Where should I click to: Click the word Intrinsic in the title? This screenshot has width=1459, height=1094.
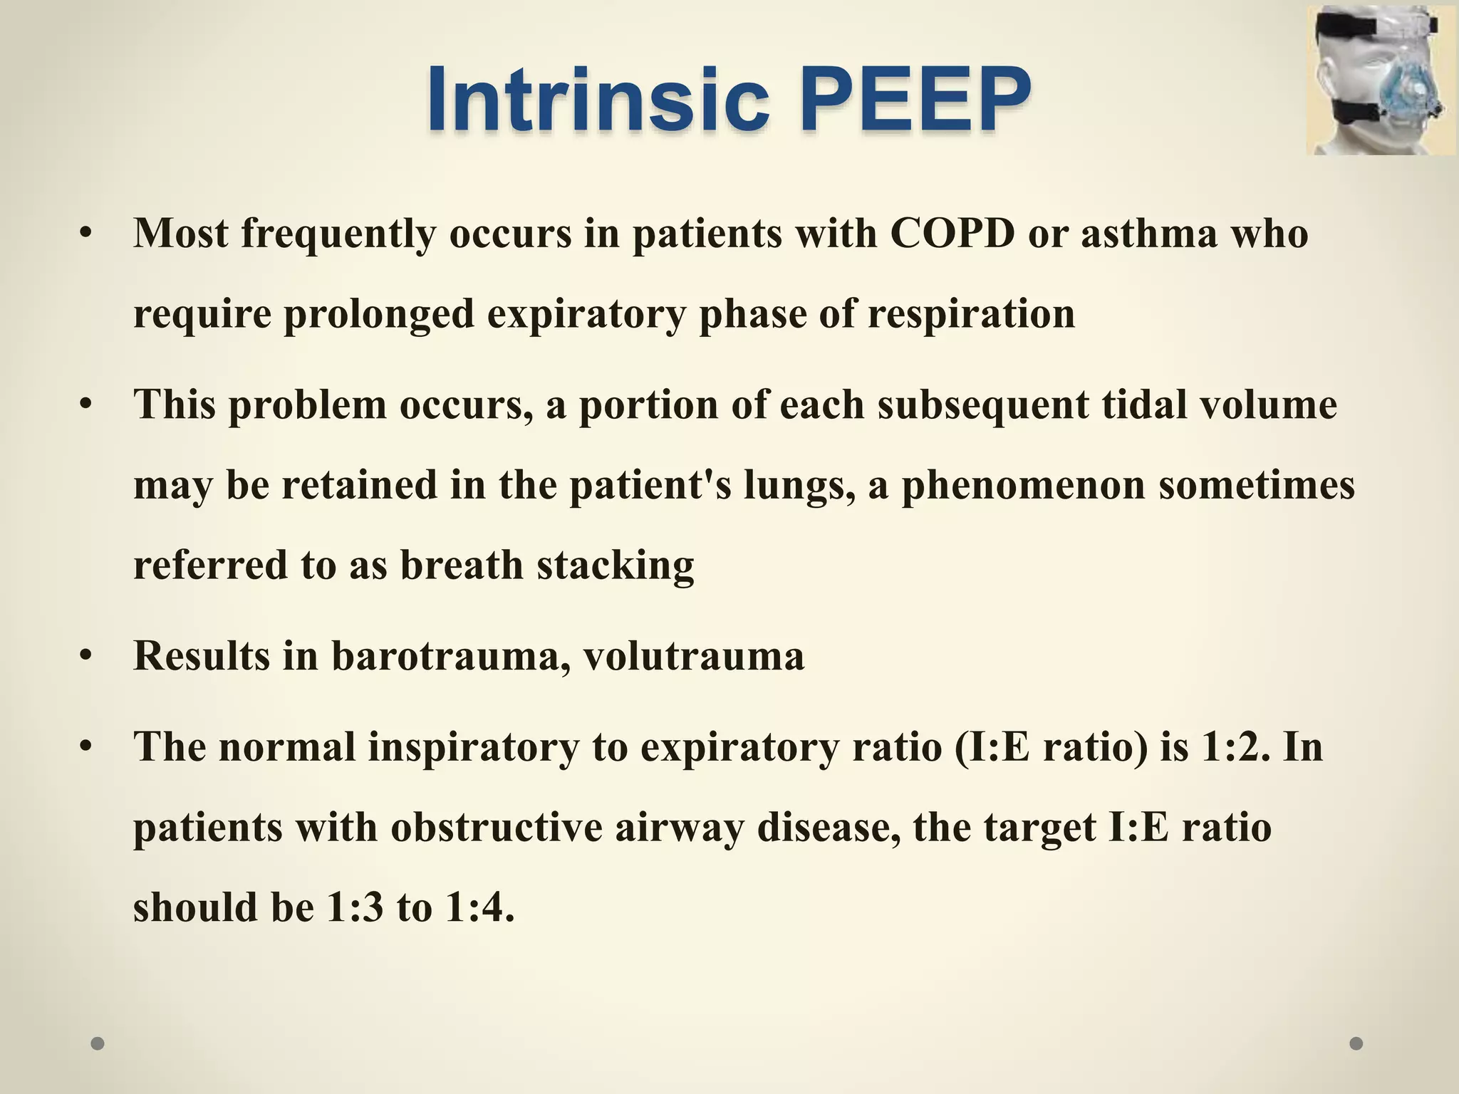click(x=598, y=100)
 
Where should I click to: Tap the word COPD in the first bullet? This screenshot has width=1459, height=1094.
click(x=952, y=233)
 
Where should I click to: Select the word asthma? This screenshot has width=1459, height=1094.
click(x=1149, y=233)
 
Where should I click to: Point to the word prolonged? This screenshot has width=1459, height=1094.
click(x=379, y=313)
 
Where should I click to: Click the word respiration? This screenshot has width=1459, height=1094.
click(x=970, y=313)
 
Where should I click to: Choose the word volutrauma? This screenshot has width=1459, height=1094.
click(x=694, y=656)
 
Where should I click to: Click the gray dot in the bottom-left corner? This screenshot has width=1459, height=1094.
click(x=98, y=1043)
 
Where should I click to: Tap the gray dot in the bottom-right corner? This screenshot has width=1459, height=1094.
click(x=1356, y=1043)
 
